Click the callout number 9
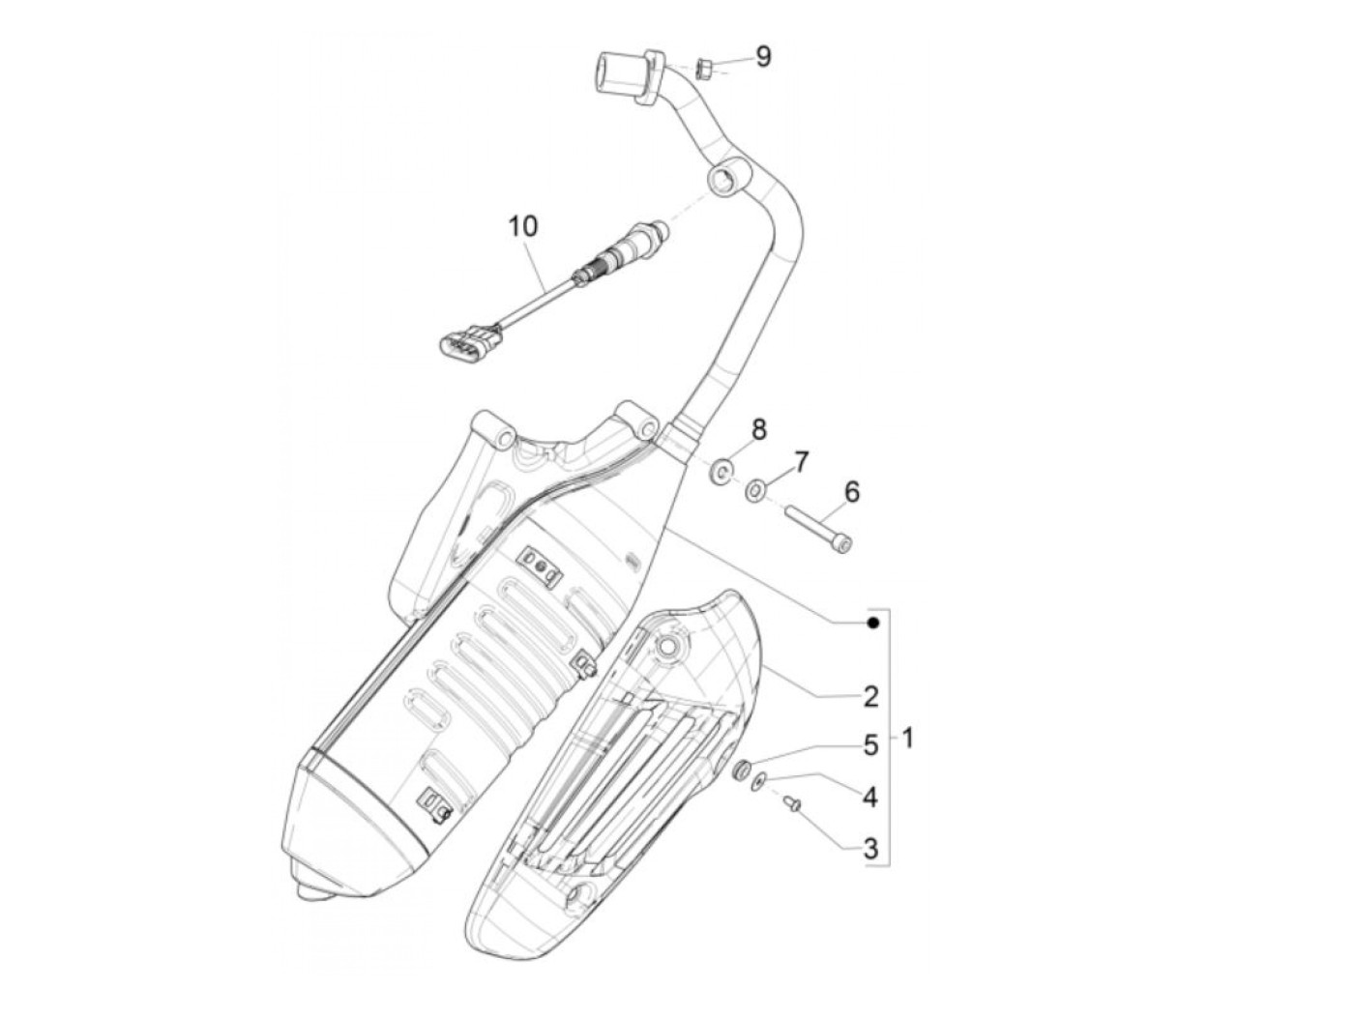pos(764,57)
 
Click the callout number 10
pos(522,227)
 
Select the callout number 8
pos(759,429)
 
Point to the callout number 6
pos(851,493)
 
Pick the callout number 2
pos(870,696)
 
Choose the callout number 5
pos(870,745)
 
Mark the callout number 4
pos(870,797)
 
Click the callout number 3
pos(870,849)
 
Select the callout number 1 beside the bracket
pos(907,739)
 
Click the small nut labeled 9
pos(703,68)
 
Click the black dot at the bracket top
pos(872,624)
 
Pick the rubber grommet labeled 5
pos(742,770)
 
